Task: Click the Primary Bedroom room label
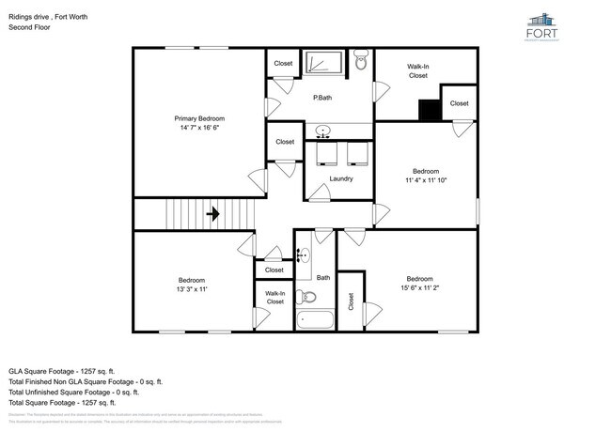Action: coord(199,118)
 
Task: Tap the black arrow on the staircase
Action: coord(212,214)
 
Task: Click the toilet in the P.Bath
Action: coord(361,63)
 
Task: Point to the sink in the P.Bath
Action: coord(323,131)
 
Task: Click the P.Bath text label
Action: coord(322,98)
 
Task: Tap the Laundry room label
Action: coord(340,178)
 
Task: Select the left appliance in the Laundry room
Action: coord(326,152)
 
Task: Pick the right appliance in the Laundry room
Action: coord(356,152)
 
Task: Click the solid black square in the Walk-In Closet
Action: coord(430,110)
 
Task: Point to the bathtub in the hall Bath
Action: coord(314,319)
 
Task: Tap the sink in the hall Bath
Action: coord(304,255)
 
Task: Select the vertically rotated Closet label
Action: coord(351,301)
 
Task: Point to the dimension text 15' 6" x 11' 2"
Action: coord(419,288)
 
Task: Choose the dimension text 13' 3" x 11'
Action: coord(192,289)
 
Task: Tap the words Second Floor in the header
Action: coord(29,27)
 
